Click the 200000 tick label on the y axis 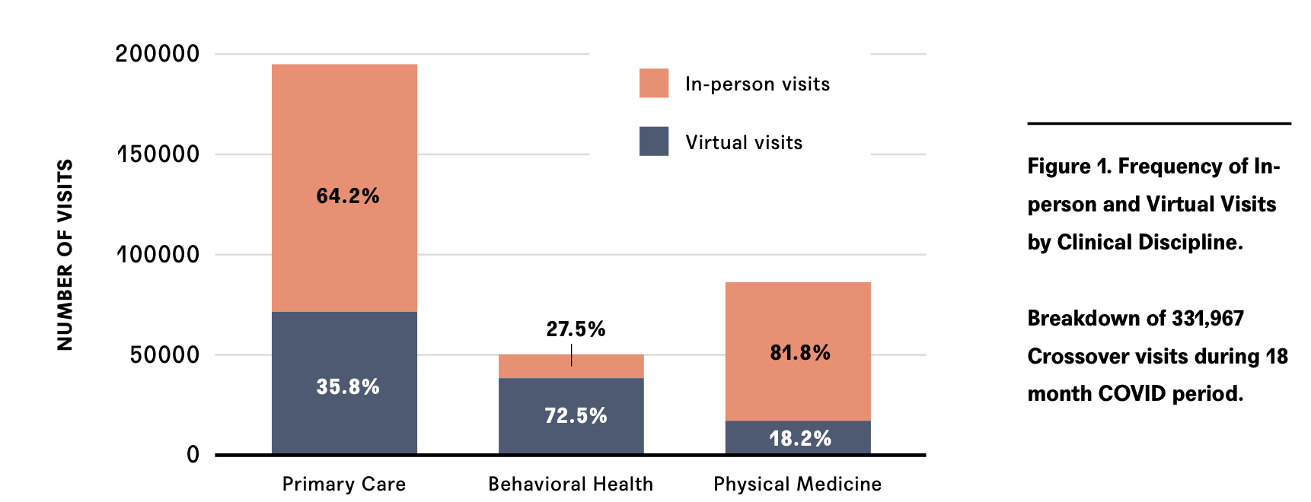158,54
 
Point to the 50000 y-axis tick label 164,355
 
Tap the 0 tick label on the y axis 193,455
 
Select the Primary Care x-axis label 344,484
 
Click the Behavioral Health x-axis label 570,484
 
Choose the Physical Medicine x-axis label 797,484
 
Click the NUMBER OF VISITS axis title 65,255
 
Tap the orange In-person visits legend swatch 654,83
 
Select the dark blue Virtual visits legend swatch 654,141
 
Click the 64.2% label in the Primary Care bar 348,196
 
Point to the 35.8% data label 348,387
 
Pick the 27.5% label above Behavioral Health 576,329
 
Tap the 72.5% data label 576,416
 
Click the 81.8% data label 800,353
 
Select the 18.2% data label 800,439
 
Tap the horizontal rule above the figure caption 1159,123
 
